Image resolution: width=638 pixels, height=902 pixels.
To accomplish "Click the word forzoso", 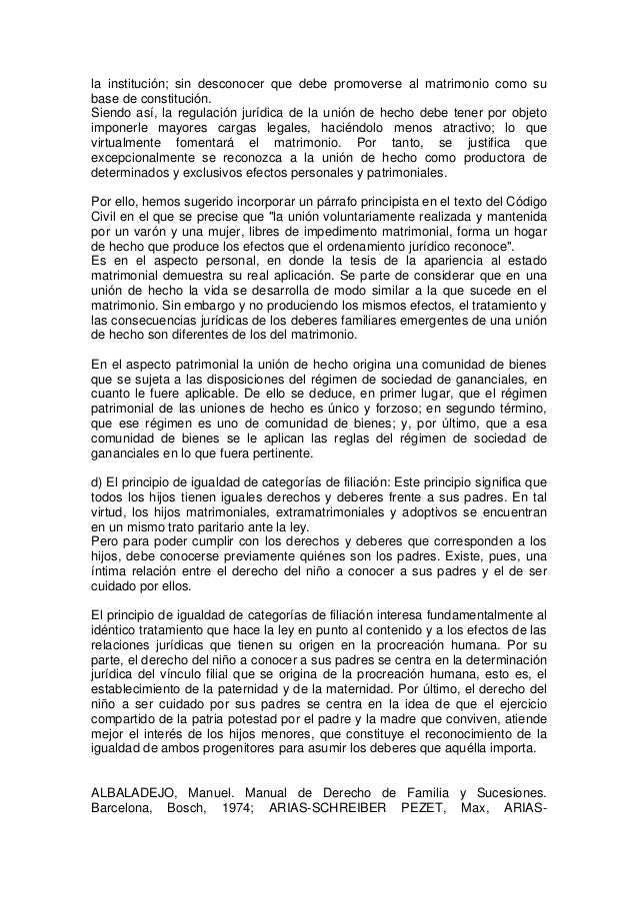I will tap(396, 409).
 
